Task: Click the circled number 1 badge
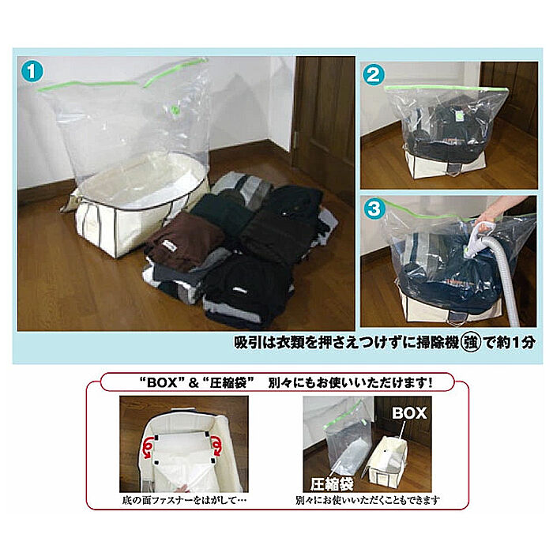(x=32, y=70)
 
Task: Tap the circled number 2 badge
(x=374, y=74)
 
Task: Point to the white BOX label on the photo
(x=409, y=413)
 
